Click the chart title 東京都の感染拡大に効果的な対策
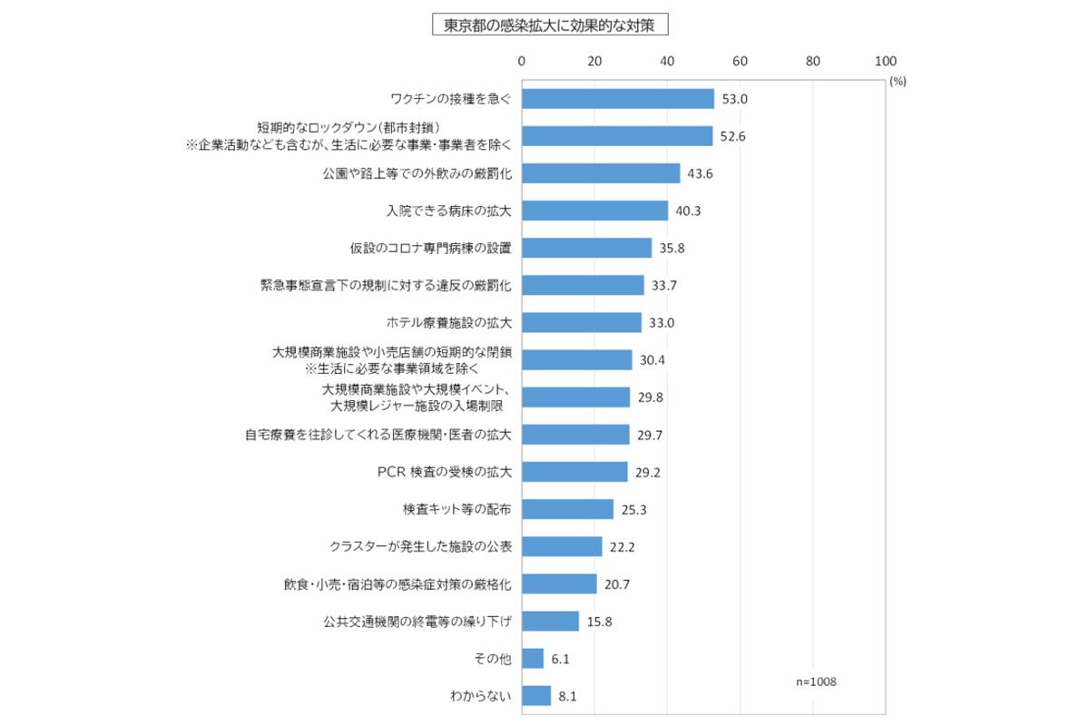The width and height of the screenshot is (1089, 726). pos(550,25)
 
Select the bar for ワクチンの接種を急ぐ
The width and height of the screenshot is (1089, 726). pos(618,98)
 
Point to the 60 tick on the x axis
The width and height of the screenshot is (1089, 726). pos(740,62)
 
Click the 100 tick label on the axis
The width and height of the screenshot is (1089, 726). pos(885,62)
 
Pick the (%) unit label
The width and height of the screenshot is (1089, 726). pos(898,81)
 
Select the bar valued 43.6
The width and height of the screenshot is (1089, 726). pos(601,173)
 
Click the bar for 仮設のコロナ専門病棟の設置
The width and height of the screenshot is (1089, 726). pos(586,248)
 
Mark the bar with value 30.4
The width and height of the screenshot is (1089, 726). pos(577,360)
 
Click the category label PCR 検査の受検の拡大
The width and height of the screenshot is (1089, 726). pos(445,472)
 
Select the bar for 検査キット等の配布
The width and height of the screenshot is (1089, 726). pos(567,509)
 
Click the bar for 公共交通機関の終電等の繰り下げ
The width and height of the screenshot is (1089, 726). pos(550,622)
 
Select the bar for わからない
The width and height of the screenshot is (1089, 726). pos(536,696)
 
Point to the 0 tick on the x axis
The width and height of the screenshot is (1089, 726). pos(522,62)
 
